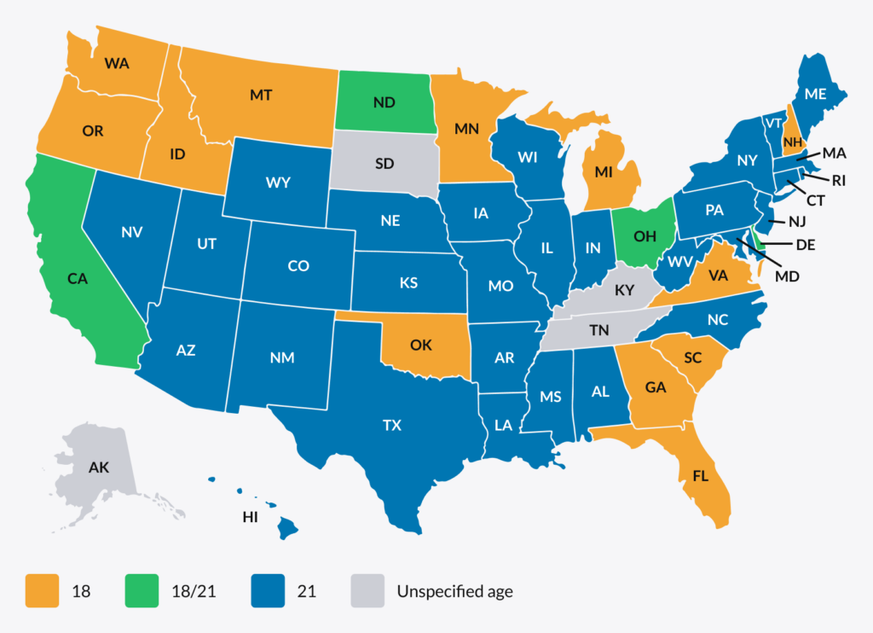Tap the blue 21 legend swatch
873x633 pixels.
[x=269, y=590]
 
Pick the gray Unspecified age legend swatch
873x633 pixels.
[x=368, y=590]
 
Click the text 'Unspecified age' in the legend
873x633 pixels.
[x=454, y=590]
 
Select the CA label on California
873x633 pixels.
[x=79, y=278]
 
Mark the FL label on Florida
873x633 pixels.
[x=700, y=476]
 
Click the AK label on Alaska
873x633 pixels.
[x=99, y=467]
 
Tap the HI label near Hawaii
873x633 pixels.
[x=250, y=517]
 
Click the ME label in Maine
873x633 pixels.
[x=815, y=94]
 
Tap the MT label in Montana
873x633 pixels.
[x=261, y=96]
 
